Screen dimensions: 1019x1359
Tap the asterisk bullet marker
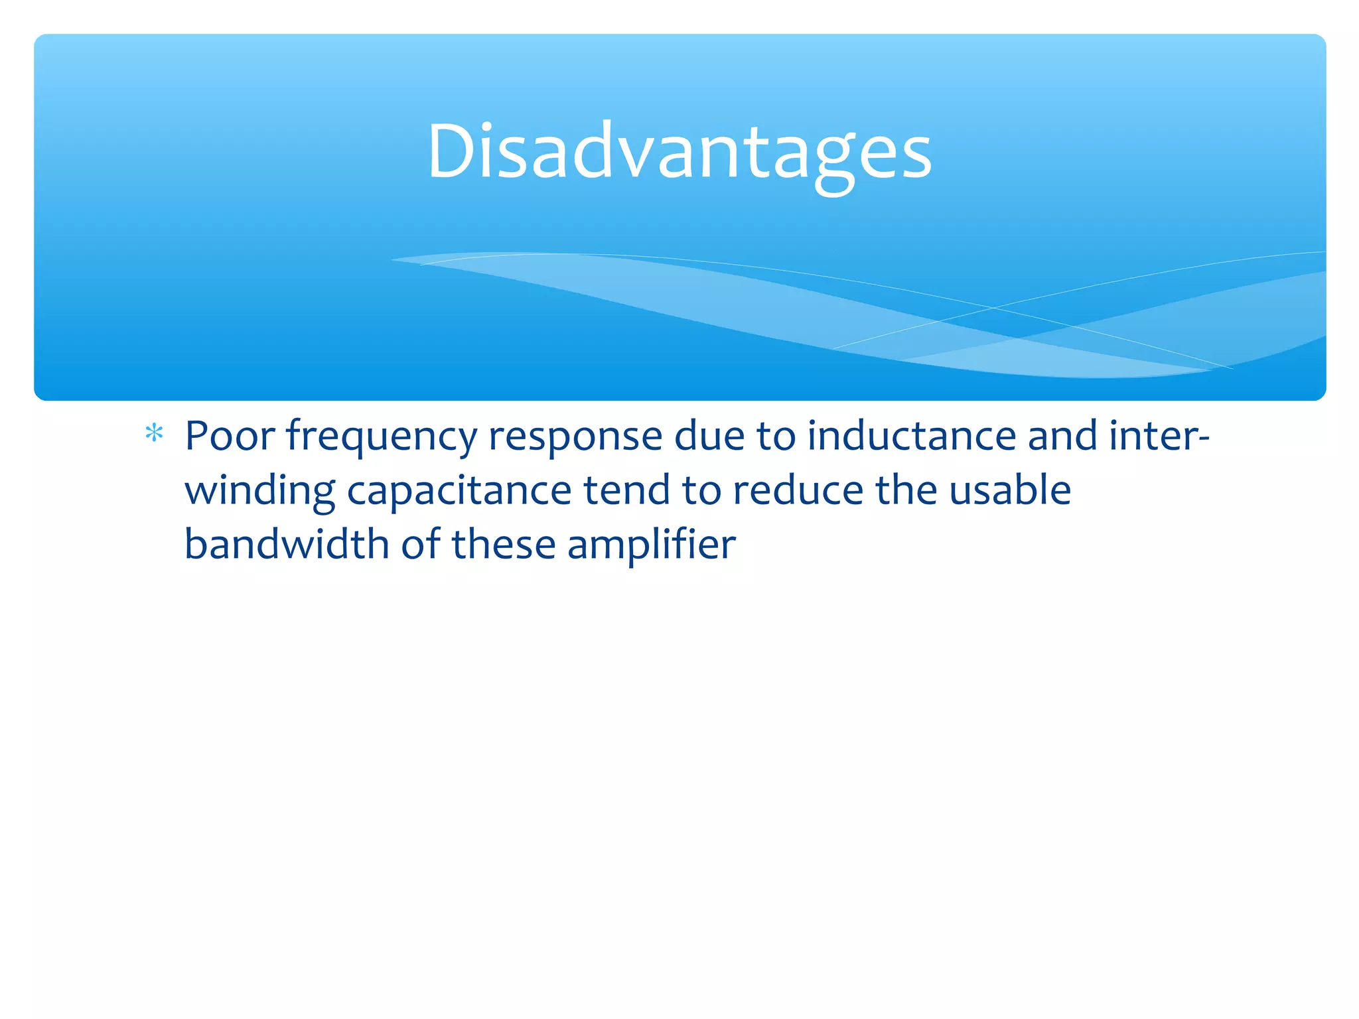[154, 434]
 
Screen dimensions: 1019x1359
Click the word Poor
[230, 436]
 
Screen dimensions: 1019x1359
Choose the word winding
[259, 491]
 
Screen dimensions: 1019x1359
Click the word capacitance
[459, 491]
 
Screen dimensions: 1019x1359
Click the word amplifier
[652, 545]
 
